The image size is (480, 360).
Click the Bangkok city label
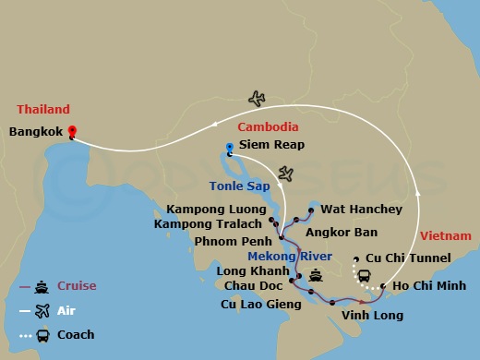tap(36, 131)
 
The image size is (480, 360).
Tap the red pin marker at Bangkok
tap(72, 131)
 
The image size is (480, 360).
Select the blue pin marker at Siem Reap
tap(230, 146)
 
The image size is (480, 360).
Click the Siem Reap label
tap(271, 145)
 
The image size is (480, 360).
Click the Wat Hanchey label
tap(360, 210)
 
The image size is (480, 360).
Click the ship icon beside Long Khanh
tap(317, 274)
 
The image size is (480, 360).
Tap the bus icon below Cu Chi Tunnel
tap(364, 276)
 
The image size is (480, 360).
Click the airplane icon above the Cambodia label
tap(257, 98)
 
